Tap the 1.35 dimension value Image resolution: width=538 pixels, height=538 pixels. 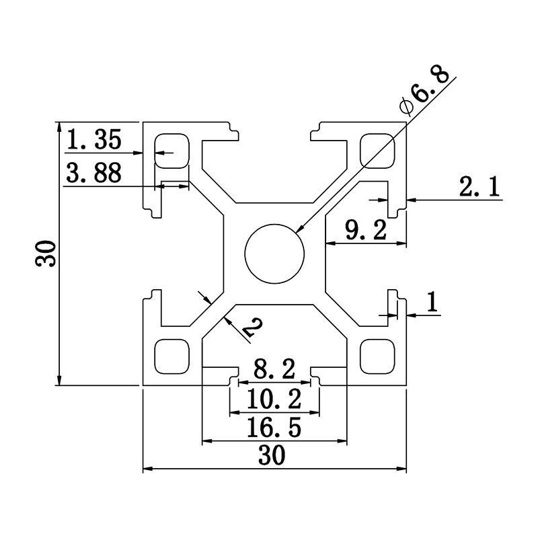(x=94, y=141)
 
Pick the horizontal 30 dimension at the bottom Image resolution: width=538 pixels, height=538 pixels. (x=272, y=457)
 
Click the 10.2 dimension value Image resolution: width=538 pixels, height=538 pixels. (x=274, y=400)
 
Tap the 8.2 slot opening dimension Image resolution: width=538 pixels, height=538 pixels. (x=274, y=369)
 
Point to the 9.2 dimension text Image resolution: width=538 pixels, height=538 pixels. (x=365, y=231)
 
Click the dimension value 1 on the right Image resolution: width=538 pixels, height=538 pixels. (x=432, y=303)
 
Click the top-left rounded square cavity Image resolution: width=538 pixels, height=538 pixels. (x=172, y=151)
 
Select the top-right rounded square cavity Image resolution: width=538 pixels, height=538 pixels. (x=377, y=151)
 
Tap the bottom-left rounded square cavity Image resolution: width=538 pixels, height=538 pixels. (x=172, y=356)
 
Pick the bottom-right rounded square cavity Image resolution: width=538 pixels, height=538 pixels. (x=377, y=356)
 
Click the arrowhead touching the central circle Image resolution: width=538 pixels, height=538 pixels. (x=299, y=231)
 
